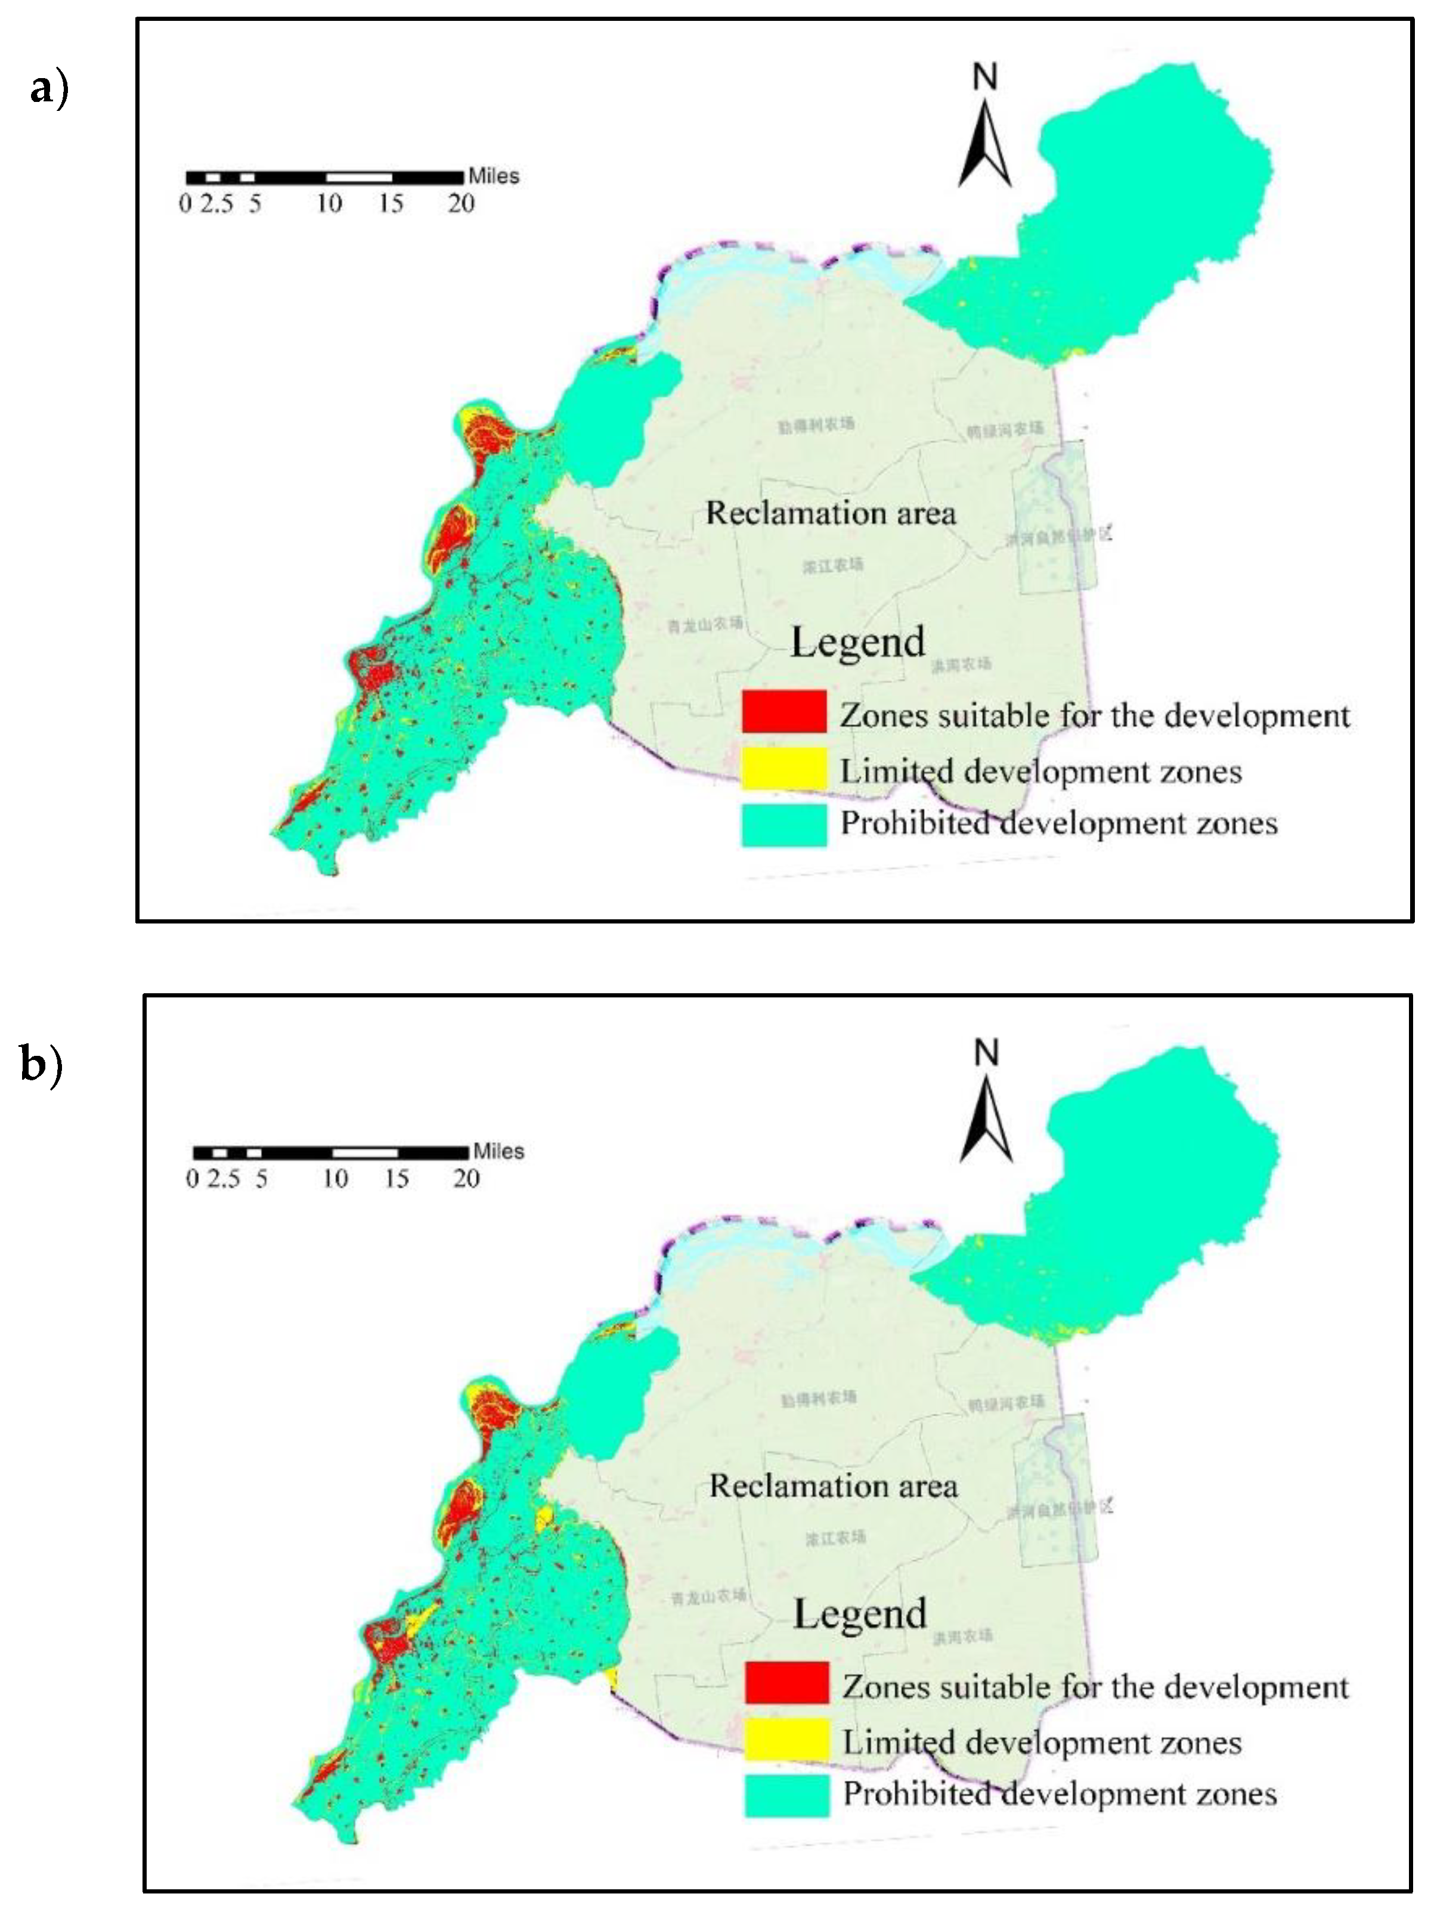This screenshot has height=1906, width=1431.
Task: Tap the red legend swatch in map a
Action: tap(784, 712)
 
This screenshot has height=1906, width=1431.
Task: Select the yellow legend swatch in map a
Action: tap(784, 768)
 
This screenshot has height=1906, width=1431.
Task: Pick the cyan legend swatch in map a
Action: tap(784, 824)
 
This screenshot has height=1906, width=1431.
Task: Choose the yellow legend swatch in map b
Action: tap(786, 1739)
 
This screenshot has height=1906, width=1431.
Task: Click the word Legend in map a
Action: tap(858, 643)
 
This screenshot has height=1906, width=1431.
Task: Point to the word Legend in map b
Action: tap(860, 1614)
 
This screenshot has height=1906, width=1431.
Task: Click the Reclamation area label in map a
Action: tap(831, 513)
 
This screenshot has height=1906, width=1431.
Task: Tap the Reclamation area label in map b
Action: tap(833, 1486)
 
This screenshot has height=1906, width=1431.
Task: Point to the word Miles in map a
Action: tap(494, 176)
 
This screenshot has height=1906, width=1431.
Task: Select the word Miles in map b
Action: tap(498, 1151)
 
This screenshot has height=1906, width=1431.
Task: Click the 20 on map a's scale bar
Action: tap(461, 204)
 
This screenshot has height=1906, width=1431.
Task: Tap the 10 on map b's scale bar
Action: tap(335, 1179)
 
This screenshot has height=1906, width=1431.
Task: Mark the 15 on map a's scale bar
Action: tap(391, 204)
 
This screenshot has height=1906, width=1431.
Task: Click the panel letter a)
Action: tap(48, 87)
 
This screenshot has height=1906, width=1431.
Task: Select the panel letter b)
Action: tap(41, 1065)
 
